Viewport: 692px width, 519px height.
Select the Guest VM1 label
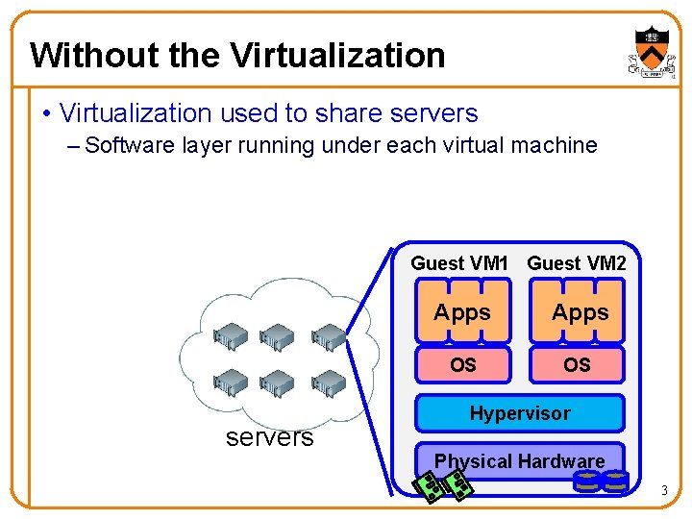click(x=458, y=263)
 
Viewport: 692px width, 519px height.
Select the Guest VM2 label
click(x=577, y=263)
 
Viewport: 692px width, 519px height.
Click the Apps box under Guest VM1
click(x=462, y=312)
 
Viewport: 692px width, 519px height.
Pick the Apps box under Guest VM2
click(x=580, y=312)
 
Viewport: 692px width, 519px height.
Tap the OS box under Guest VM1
click(x=462, y=365)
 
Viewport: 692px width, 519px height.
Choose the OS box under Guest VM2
click(x=578, y=365)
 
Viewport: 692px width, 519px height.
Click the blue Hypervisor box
click(x=519, y=413)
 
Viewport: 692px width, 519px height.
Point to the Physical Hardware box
click(x=519, y=461)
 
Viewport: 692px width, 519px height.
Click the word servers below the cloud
click(x=269, y=438)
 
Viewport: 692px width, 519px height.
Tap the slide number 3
click(x=663, y=492)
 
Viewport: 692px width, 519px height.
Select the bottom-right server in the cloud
click(x=329, y=383)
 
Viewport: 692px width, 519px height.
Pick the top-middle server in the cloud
click(x=279, y=336)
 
